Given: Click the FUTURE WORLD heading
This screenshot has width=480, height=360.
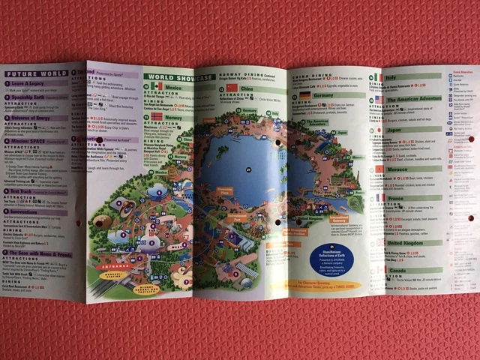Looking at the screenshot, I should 34,74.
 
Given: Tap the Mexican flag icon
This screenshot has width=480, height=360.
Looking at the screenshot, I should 151,88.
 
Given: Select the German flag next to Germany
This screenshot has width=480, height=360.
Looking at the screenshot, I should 305,96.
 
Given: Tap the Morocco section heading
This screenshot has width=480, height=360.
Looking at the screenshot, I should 397,169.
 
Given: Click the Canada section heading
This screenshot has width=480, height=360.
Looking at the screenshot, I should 397,269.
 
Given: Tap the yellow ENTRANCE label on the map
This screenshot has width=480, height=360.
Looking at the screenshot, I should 117,265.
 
